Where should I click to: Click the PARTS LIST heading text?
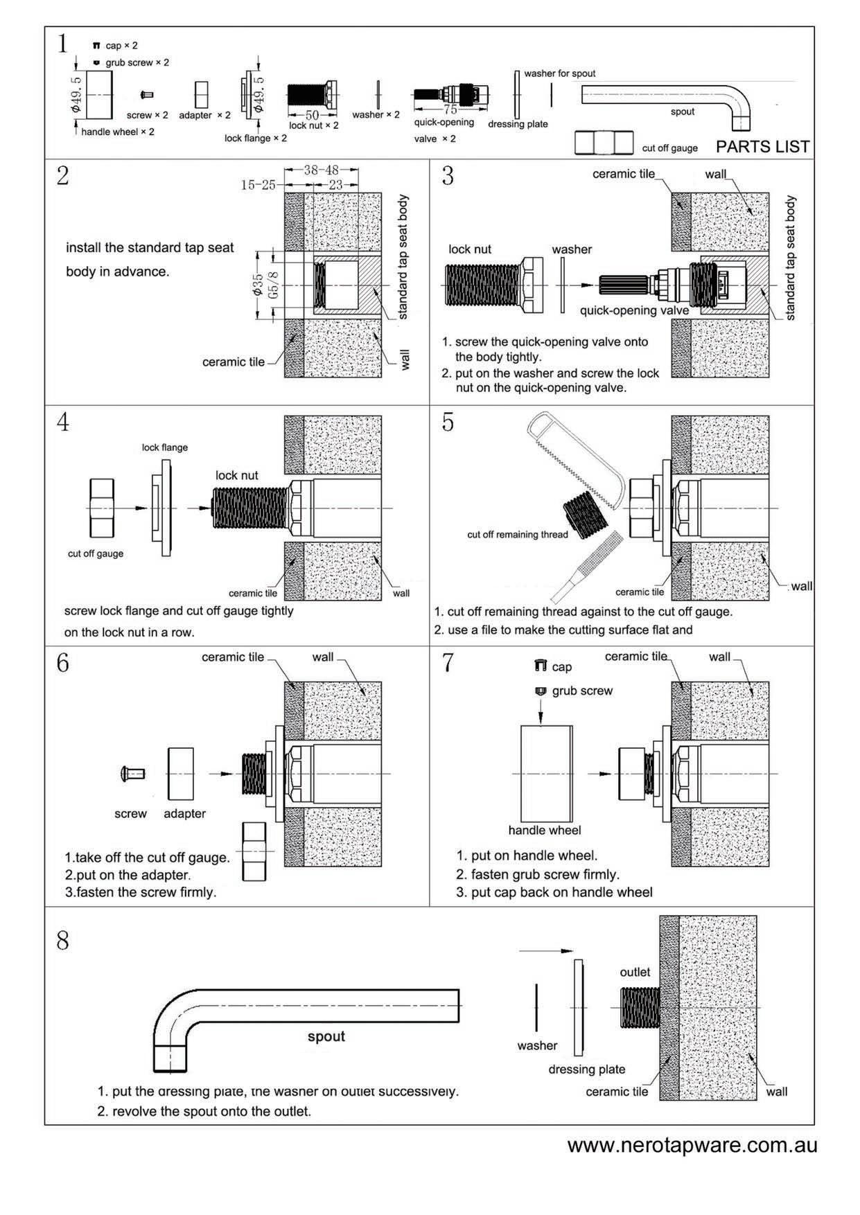762,147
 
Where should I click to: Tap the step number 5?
448,422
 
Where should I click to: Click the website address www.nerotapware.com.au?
692,1145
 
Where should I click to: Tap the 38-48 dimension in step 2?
321,170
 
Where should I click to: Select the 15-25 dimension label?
258,185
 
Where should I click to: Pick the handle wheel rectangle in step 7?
546,773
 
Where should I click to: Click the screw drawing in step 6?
132,772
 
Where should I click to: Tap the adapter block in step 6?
180,773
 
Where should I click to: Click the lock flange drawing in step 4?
161,508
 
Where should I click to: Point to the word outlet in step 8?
635,973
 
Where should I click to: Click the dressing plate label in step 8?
586,1070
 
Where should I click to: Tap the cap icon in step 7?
541,666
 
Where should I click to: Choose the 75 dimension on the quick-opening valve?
450,109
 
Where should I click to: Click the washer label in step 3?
572,249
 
